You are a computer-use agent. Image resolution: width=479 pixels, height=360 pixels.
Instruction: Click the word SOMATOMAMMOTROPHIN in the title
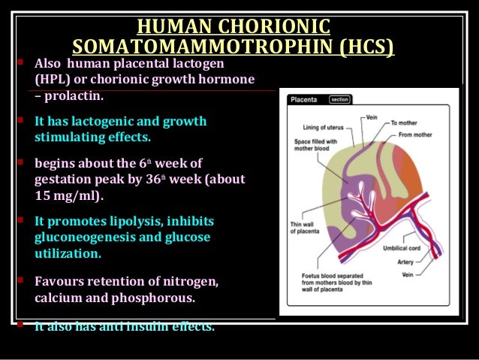point(202,48)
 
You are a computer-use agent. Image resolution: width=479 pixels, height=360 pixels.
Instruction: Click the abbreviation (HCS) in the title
point(364,48)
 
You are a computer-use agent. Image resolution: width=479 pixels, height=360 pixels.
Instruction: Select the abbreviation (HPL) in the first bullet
point(53,79)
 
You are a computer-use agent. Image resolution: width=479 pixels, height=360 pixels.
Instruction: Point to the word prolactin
point(74,96)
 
